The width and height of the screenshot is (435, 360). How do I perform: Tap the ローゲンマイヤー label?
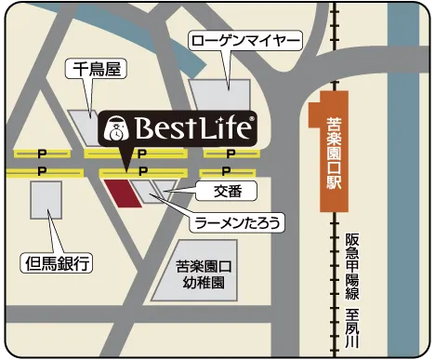click(245, 42)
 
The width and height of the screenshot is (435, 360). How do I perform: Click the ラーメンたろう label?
click(236, 223)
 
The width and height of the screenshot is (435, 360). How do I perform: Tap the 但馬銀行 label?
click(57, 263)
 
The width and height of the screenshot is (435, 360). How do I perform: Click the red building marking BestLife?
click(120, 193)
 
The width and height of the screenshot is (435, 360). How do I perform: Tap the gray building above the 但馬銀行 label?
click(46, 204)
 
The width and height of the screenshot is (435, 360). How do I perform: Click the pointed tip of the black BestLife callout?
click(126, 168)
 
